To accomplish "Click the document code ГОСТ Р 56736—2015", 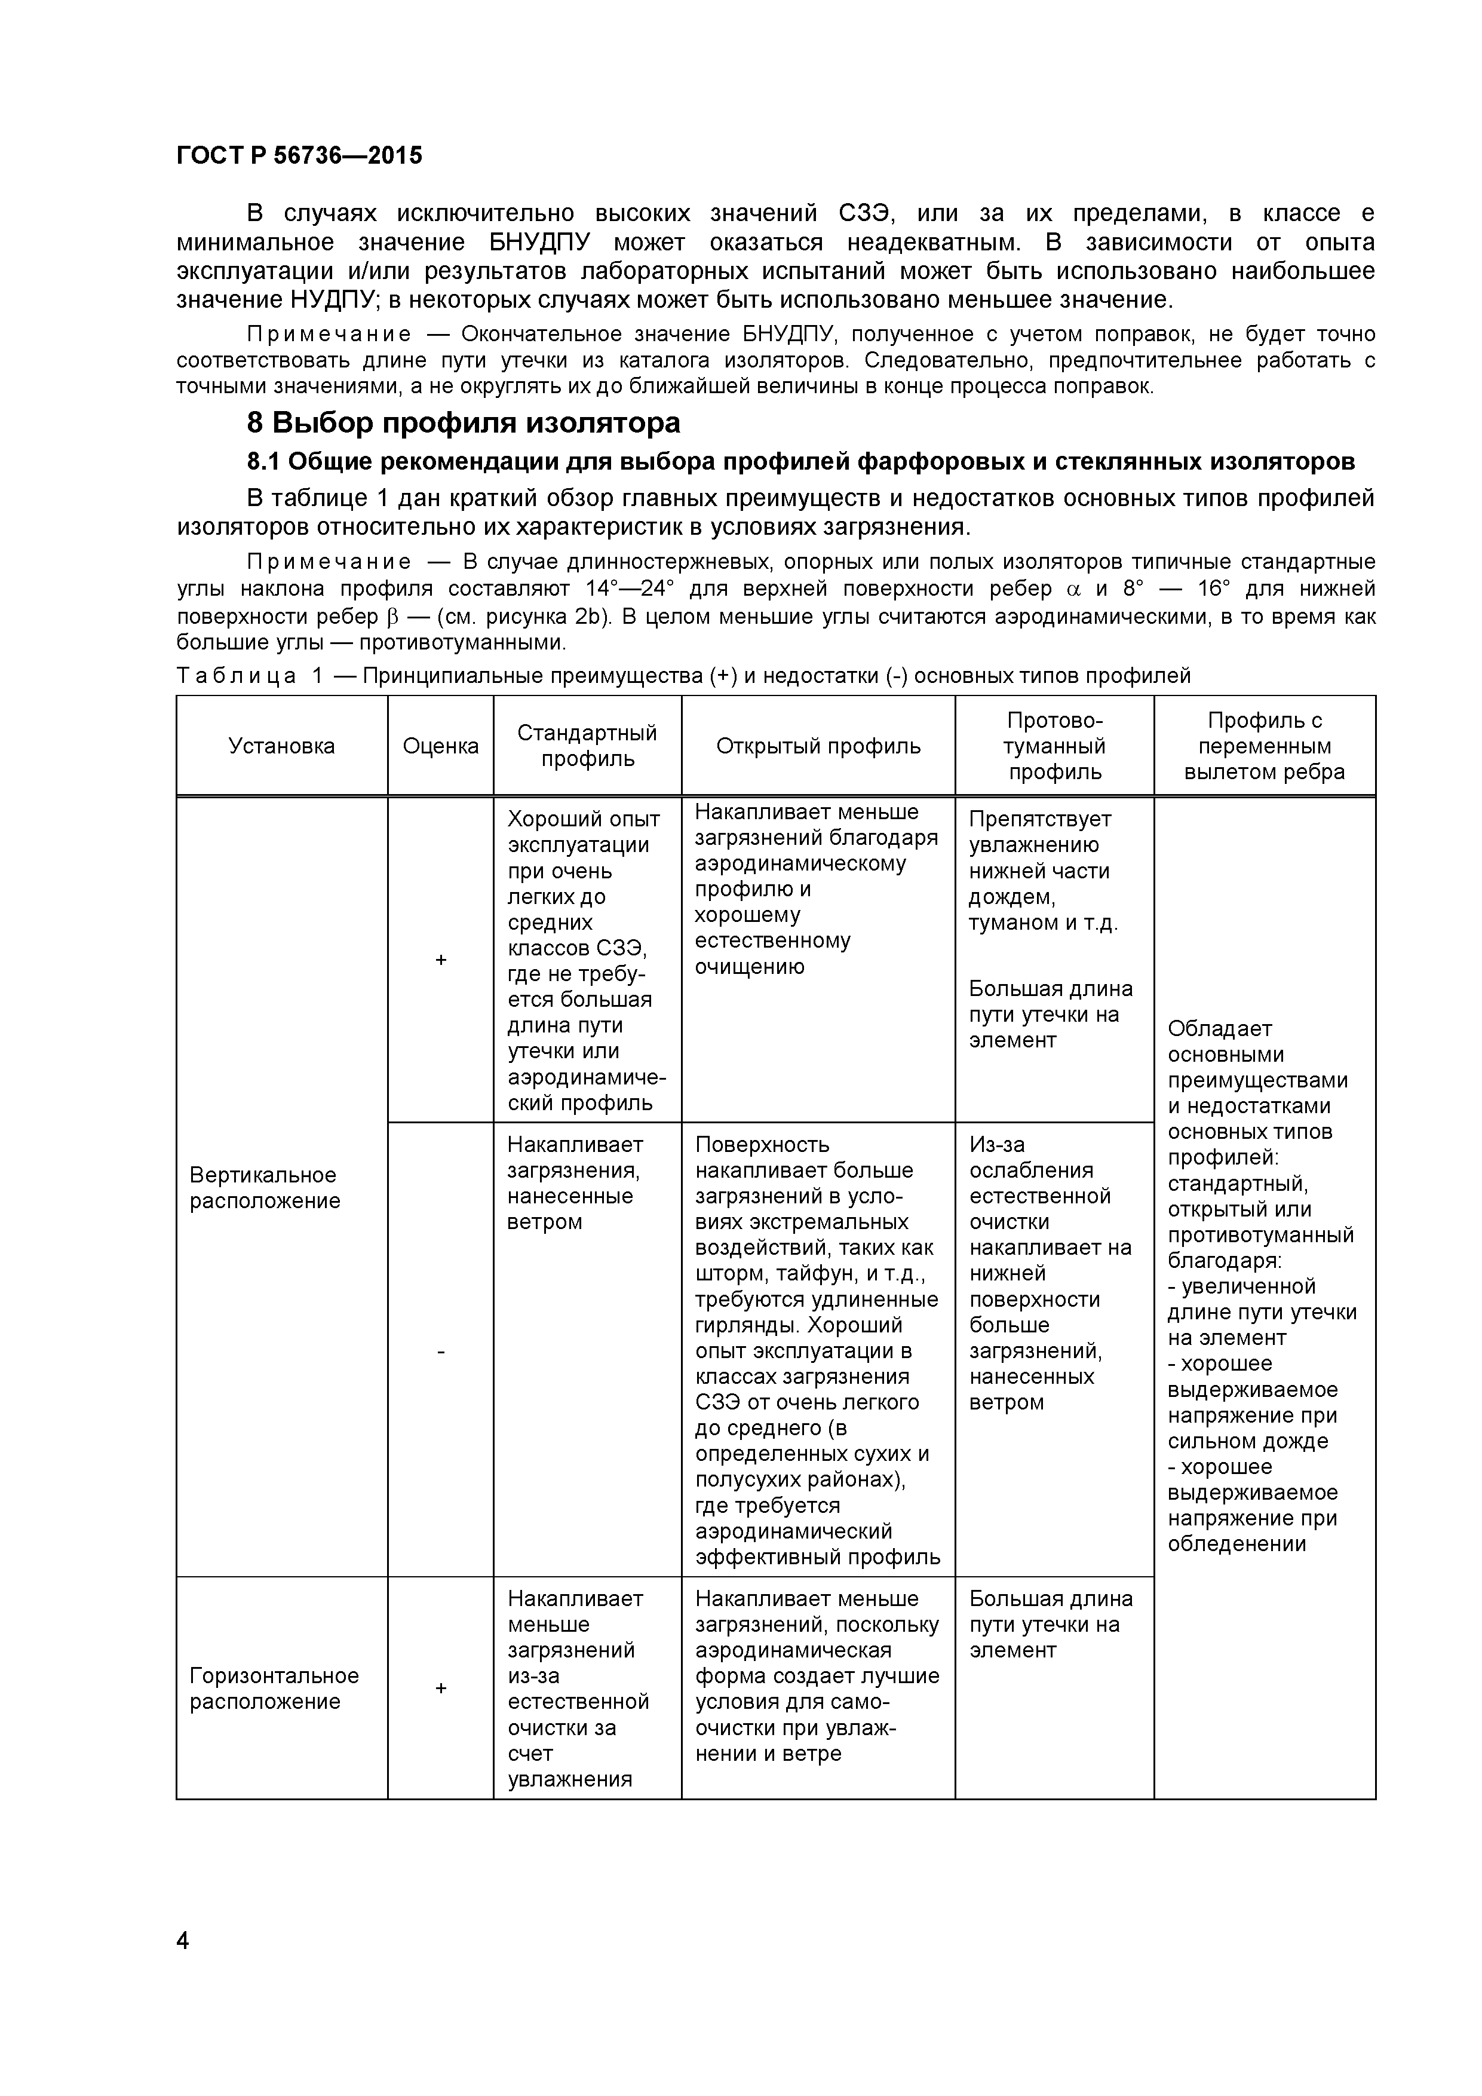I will tap(299, 155).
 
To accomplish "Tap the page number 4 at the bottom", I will tap(183, 1940).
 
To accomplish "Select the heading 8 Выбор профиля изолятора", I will tap(464, 422).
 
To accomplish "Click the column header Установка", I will tap(281, 746).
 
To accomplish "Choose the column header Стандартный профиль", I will tap(587, 746).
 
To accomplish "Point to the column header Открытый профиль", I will tap(818, 746).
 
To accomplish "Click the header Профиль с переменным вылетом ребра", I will tap(1264, 746).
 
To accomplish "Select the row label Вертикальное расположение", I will tap(264, 1188).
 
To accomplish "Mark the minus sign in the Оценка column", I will tap(441, 1350).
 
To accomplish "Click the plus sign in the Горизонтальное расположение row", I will tap(441, 1688).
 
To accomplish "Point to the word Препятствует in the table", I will tap(1039, 819).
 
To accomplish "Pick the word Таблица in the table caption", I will tap(237, 676).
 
